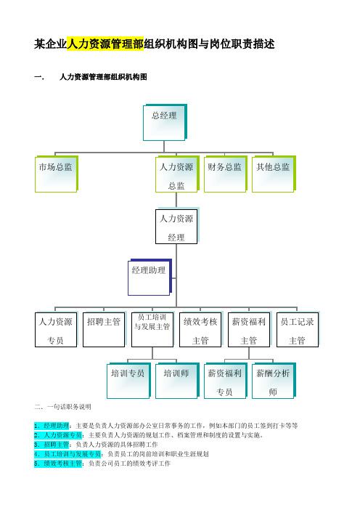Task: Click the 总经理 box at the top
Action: tap(165, 122)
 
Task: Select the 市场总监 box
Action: tap(57, 174)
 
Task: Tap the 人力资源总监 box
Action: tap(177, 174)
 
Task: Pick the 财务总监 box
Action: tap(226, 174)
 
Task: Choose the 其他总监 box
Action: tap(274, 174)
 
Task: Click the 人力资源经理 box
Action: tap(177, 226)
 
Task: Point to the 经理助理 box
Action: tap(150, 277)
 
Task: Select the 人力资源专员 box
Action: tap(57, 329)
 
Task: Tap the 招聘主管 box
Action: tap(105, 329)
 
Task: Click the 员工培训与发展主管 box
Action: tap(153, 329)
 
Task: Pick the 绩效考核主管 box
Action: tap(201, 329)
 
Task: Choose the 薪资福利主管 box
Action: tap(250, 329)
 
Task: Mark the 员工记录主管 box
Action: tap(298, 329)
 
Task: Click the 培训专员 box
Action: tap(129, 381)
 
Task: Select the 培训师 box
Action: tap(177, 381)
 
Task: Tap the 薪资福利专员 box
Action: tap(226, 381)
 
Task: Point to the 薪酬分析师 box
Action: tap(274, 381)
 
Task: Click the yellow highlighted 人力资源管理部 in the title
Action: tap(105, 44)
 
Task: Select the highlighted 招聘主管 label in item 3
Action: tap(56, 445)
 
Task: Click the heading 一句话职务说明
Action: tap(69, 407)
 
